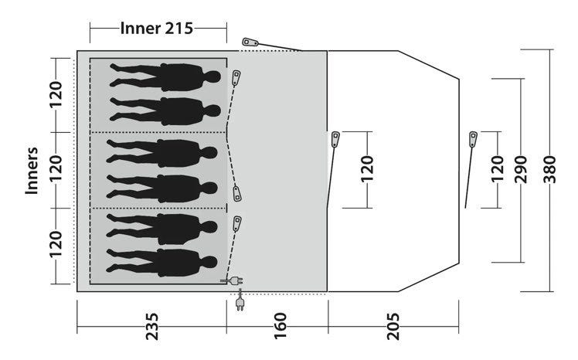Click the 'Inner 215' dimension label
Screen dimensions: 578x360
pos(156,29)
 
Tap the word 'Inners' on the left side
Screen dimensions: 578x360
pos(32,171)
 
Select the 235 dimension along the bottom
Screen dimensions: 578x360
pos(152,327)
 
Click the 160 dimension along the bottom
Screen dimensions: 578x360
pos(280,327)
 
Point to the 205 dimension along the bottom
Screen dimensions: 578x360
pos(393,327)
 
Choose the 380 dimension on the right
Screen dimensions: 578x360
pos(549,169)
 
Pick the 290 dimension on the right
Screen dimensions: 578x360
pos(521,169)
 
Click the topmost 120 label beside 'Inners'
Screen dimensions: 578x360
pos(56,95)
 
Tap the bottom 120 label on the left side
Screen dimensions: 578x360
pos(56,244)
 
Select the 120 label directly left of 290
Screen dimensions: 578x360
pos(498,169)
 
